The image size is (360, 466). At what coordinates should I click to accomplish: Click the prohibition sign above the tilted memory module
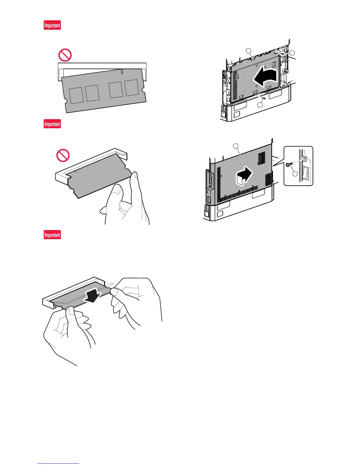pos(65,55)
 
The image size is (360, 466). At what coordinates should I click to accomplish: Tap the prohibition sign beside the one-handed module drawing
pos(63,155)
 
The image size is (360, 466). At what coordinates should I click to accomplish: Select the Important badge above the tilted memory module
pos(52,25)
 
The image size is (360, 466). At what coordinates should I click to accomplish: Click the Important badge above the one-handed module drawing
pos(52,124)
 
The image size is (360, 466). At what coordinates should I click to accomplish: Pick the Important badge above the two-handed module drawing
pos(52,235)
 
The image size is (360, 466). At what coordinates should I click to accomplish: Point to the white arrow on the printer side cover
pos(244,176)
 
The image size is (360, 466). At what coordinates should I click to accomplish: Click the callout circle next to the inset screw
pos(295,174)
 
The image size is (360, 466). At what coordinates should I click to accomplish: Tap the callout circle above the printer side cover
pos(236,146)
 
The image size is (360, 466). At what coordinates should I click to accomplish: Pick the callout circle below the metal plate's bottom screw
pos(259,105)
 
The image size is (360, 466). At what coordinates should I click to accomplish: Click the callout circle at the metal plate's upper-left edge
pos(249,51)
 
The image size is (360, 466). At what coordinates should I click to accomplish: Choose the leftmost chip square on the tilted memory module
pos(76,95)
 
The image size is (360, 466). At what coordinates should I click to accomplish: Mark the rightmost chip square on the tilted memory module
pos(131,87)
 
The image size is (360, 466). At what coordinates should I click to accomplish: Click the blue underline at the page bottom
pos(58,464)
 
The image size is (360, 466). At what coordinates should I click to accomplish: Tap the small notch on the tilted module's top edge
pos(121,71)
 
